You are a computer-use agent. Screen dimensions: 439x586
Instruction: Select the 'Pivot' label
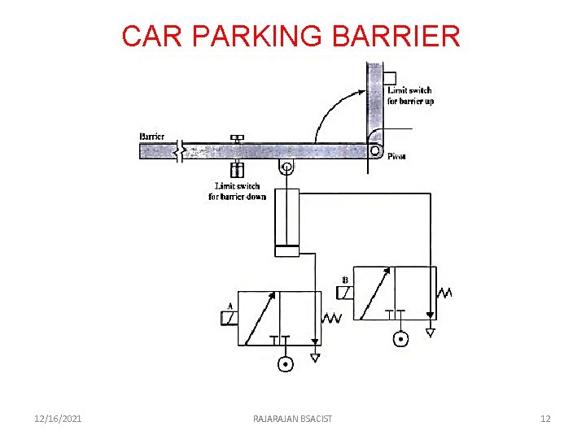pos(396,156)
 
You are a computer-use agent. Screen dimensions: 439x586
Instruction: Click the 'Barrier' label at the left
pos(152,137)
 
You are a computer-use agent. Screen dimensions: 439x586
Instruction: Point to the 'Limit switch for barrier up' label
pos(410,96)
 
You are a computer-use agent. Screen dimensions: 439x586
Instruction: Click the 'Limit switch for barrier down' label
pos(237,191)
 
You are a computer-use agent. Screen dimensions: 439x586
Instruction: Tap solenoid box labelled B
pos(344,292)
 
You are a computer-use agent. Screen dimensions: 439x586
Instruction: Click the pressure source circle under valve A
pos(285,364)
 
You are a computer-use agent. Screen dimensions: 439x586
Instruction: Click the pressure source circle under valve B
pos(400,339)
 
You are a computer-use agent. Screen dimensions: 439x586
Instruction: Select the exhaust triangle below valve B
pos(431,332)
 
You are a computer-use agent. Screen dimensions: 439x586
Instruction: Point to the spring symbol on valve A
pos(331,318)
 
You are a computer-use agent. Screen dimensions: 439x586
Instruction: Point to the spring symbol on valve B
pos(445,292)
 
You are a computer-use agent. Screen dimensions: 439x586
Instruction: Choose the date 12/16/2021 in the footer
pos(58,419)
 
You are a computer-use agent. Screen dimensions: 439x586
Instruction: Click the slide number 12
pos(545,419)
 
